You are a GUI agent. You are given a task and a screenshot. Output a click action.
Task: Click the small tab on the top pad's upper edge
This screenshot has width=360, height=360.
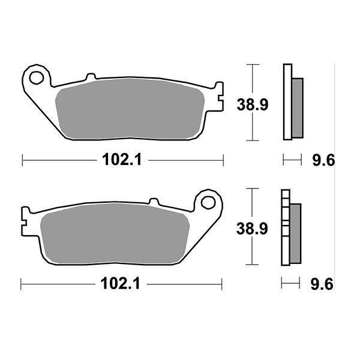tap(91, 77)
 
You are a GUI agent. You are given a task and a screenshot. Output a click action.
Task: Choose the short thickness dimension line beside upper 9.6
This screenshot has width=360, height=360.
tap(292, 160)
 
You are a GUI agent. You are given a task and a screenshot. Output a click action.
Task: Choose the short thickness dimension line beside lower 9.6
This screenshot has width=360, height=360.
tap(292, 284)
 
